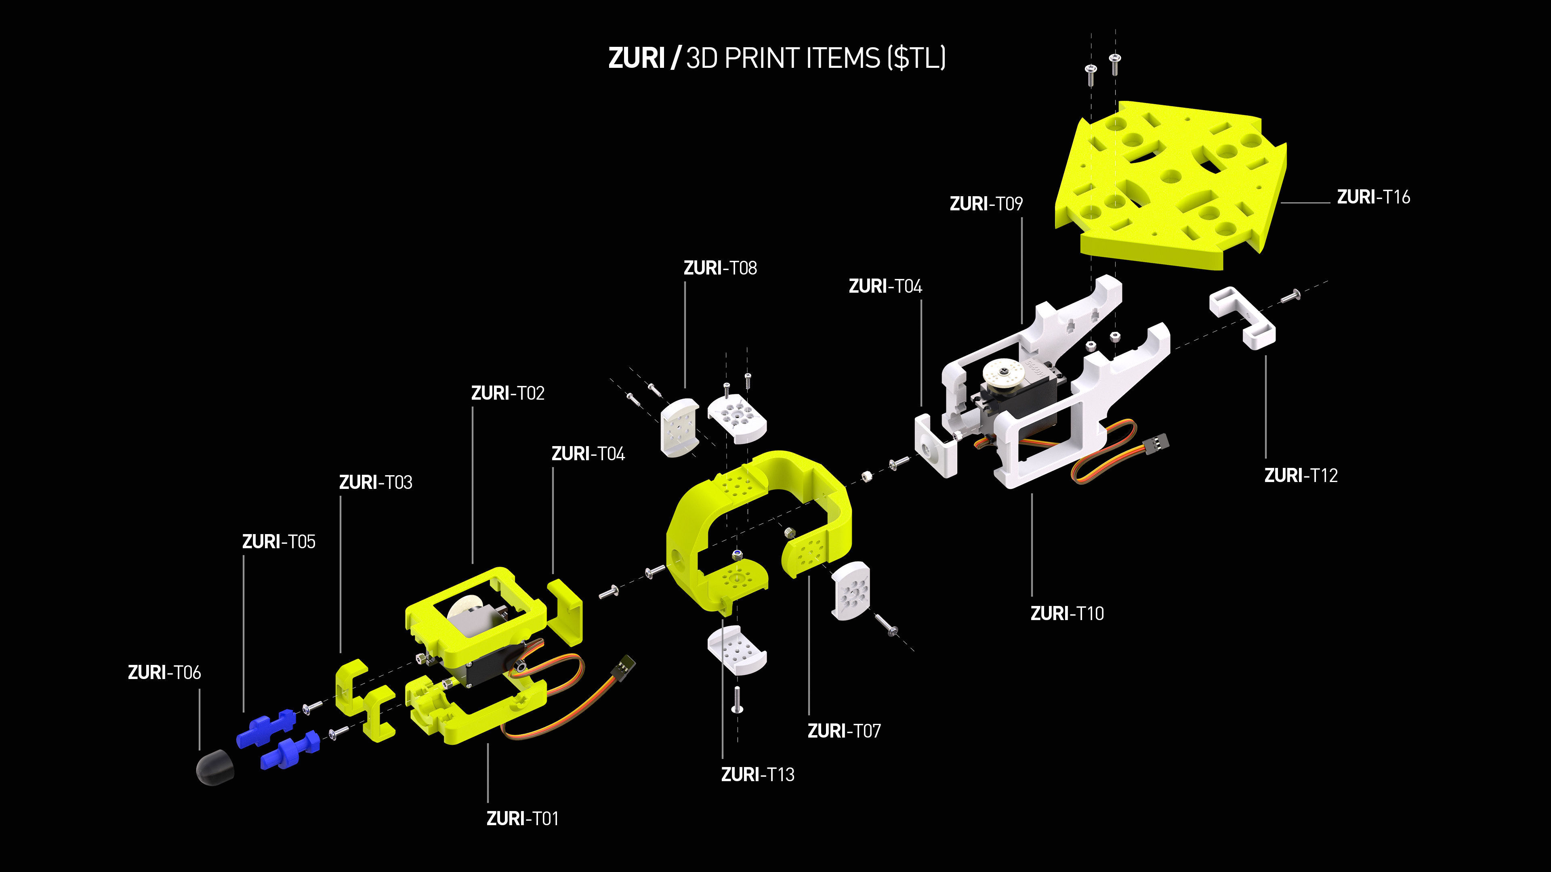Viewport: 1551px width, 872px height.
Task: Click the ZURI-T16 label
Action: [x=1373, y=197]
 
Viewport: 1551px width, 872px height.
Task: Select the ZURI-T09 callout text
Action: [x=986, y=203]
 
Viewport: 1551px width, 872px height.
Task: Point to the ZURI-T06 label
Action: [x=164, y=672]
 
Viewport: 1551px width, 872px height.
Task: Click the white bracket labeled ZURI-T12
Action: [x=1242, y=317]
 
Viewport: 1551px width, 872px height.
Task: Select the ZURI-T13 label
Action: [x=757, y=775]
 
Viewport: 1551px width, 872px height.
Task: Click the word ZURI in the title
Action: [x=636, y=59]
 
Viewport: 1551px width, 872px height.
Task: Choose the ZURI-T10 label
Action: [x=1067, y=613]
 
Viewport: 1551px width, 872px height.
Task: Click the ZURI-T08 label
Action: [x=720, y=268]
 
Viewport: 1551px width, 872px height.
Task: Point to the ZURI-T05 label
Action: [x=278, y=542]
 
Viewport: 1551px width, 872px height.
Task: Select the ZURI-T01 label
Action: [x=522, y=818]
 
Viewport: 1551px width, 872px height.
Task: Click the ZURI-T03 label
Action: [x=375, y=482]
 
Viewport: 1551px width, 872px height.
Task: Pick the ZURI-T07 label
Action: [x=843, y=731]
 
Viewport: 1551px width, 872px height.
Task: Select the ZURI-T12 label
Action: [x=1301, y=476]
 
